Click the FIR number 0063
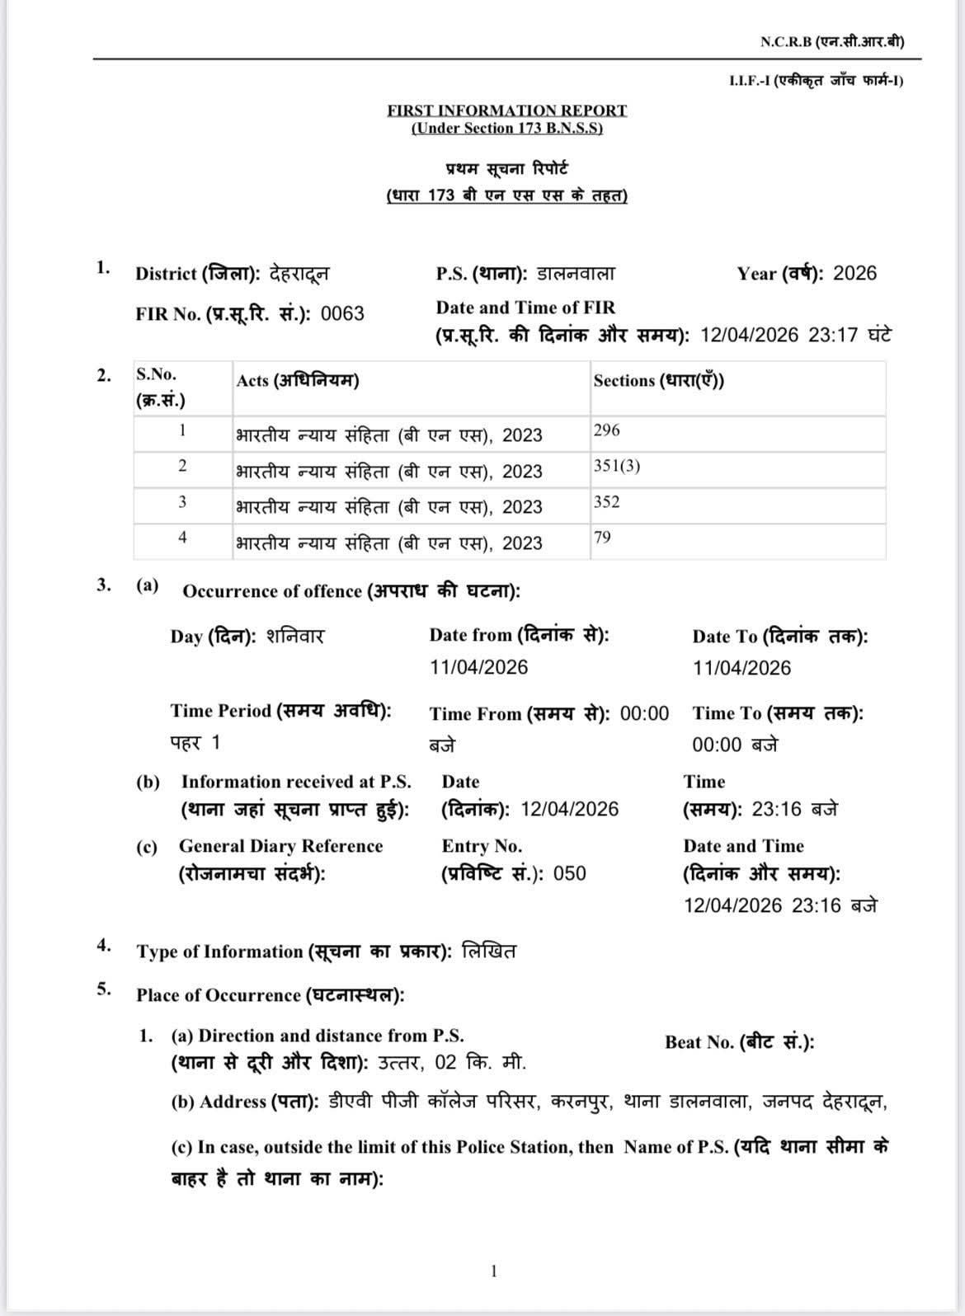click(342, 314)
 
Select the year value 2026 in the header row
click(854, 274)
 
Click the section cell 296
click(606, 430)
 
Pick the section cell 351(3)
click(616, 466)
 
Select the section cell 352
click(606, 502)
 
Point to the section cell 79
click(602, 538)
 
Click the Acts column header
click(297, 381)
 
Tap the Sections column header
click(658, 381)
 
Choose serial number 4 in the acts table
click(182, 538)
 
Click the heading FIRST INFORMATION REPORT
click(506, 110)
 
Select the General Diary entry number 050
click(569, 873)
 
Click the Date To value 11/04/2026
click(741, 668)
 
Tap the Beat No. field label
click(739, 1042)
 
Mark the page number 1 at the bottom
click(493, 1271)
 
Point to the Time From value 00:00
click(644, 713)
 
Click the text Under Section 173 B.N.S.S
click(506, 129)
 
